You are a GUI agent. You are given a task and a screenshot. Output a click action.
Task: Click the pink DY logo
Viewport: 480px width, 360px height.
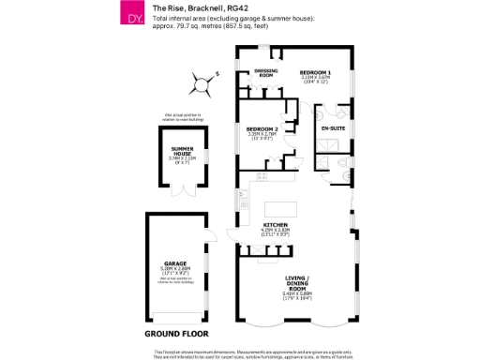click(133, 16)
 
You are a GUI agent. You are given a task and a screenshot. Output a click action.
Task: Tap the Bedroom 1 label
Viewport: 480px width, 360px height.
click(315, 72)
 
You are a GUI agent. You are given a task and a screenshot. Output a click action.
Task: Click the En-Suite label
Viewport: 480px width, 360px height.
click(333, 127)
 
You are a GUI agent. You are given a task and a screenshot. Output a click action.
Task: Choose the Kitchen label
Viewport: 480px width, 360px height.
click(274, 225)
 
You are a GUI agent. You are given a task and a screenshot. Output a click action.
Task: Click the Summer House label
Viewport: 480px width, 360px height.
click(182, 151)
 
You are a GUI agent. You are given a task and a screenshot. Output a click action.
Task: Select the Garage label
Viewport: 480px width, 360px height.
click(175, 263)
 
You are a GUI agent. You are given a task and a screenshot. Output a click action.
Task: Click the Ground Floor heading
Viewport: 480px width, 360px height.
click(176, 333)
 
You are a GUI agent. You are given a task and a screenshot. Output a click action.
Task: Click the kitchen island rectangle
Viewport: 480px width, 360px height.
click(284, 208)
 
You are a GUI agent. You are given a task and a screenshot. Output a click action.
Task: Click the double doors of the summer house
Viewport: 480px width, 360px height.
click(183, 190)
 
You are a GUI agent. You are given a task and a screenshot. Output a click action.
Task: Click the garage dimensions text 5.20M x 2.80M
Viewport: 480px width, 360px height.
click(175, 270)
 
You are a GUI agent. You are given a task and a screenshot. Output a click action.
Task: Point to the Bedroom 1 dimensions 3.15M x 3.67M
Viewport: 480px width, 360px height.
click(315, 79)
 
